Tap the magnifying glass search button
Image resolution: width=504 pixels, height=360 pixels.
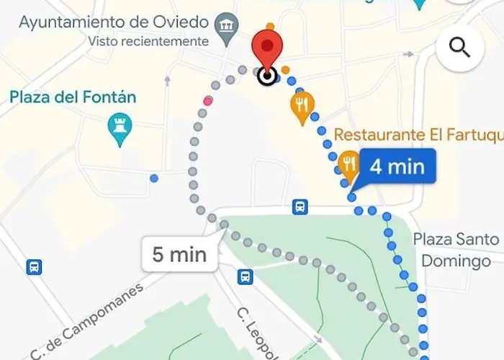(459, 48)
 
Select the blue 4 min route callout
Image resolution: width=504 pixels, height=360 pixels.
(397, 167)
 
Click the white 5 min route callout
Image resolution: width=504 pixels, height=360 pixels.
(179, 254)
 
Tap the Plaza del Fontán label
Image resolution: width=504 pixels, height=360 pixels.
(73, 97)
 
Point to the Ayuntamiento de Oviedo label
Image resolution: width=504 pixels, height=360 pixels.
(114, 22)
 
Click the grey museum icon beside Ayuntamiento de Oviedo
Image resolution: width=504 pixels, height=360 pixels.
(229, 23)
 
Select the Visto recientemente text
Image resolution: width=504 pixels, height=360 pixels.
(148, 42)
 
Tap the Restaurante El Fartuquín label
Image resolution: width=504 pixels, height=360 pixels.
(417, 135)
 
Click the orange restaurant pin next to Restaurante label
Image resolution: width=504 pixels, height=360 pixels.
(349, 165)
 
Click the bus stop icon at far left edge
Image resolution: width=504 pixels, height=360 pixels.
(34, 267)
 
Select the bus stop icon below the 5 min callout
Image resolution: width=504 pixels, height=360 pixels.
(246, 276)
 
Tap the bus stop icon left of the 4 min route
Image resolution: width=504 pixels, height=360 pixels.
(300, 207)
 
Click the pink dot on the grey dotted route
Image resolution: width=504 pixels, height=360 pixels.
(208, 101)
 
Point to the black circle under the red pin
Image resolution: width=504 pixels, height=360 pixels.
(267, 76)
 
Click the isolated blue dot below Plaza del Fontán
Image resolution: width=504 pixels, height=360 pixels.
(153, 178)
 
